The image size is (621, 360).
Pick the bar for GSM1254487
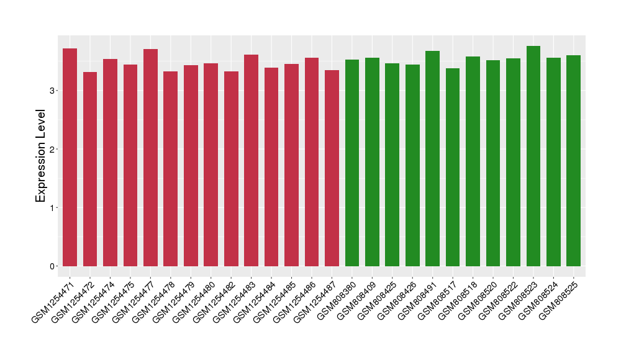click(332, 168)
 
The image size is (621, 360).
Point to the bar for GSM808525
click(573, 161)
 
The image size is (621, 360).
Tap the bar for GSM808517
click(453, 167)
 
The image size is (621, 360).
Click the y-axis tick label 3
click(54, 91)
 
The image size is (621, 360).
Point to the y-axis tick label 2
click(54, 149)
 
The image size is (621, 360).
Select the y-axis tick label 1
click(54, 207)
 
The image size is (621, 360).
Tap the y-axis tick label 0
click(54, 266)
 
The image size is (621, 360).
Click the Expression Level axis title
click(40, 156)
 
